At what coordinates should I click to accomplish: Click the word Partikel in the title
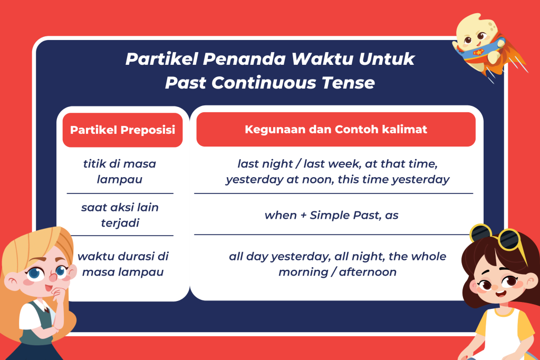[161, 59]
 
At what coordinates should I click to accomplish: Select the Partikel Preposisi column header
[122, 130]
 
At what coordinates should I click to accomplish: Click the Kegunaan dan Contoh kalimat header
[336, 130]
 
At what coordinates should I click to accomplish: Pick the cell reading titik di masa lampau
[120, 171]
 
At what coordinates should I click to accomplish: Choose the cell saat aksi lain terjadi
[120, 215]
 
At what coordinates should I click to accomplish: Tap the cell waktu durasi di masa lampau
[123, 264]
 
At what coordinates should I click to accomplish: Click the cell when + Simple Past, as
[331, 215]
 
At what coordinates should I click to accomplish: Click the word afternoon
[368, 272]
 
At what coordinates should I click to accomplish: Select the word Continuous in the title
[264, 83]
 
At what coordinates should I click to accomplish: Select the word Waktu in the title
[322, 59]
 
